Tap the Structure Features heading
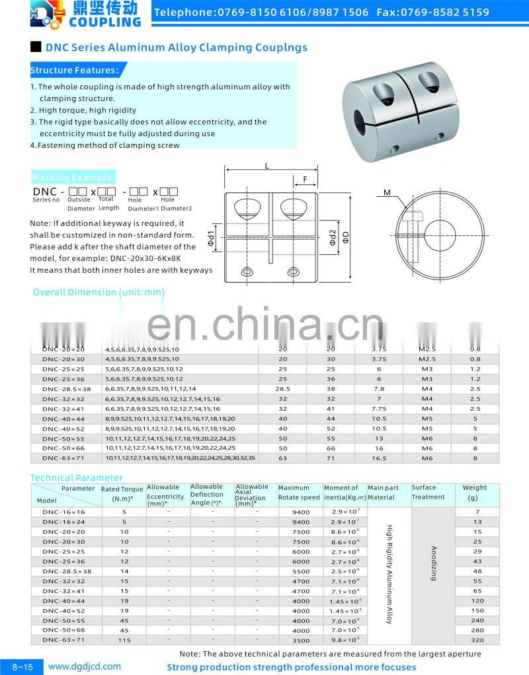(x=75, y=71)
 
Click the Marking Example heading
(x=73, y=177)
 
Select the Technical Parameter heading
(x=77, y=478)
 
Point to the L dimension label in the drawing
(x=266, y=166)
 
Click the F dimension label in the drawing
(x=305, y=179)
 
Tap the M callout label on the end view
(x=387, y=193)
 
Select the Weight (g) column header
(x=474, y=493)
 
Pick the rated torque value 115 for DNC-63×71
(x=124, y=640)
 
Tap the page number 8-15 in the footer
(x=22, y=667)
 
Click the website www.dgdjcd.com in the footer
(x=84, y=666)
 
